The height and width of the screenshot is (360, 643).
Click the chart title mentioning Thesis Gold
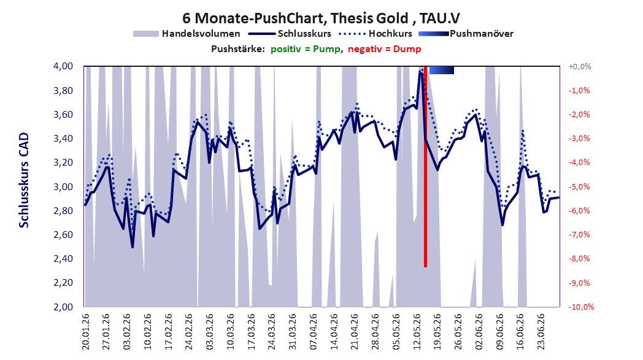(x=321, y=18)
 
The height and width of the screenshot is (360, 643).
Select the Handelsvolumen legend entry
(x=187, y=34)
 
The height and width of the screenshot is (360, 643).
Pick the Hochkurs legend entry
(x=375, y=34)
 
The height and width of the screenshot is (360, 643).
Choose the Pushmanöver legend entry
(x=466, y=34)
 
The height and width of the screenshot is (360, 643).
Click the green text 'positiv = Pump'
(x=306, y=49)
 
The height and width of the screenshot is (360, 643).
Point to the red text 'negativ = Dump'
(x=385, y=49)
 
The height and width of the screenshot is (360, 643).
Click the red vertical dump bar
(x=426, y=167)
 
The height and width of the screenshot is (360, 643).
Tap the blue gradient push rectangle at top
(x=442, y=70)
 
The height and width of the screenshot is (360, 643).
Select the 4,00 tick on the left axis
(x=63, y=66)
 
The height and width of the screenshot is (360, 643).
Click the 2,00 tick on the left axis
(x=63, y=307)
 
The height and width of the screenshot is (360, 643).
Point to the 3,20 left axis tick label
(x=63, y=163)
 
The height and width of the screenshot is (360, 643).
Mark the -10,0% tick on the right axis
(x=580, y=307)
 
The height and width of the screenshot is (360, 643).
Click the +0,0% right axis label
(x=580, y=66)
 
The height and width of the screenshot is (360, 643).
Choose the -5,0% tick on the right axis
(x=579, y=186)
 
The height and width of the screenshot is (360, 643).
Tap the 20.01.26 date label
(x=86, y=332)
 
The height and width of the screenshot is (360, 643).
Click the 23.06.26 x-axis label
(x=542, y=332)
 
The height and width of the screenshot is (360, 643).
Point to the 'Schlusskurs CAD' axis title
(x=24, y=180)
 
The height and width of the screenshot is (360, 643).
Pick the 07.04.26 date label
(x=314, y=332)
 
